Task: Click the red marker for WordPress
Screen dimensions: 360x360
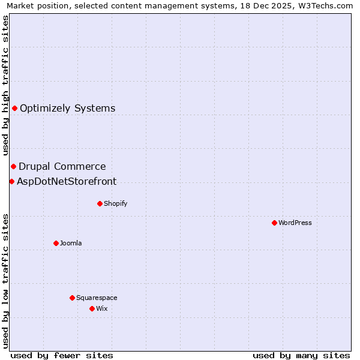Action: pyautogui.click(x=274, y=223)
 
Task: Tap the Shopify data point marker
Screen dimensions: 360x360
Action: pyautogui.click(x=100, y=203)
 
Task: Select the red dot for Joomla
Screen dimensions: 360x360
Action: pyautogui.click(x=56, y=243)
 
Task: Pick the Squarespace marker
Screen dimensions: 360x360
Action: pyautogui.click(x=72, y=298)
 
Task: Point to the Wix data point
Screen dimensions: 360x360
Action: pyautogui.click(x=92, y=308)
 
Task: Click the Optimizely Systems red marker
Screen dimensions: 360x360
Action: pyautogui.click(x=14, y=108)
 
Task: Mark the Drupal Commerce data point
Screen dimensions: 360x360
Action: pyautogui.click(x=13, y=166)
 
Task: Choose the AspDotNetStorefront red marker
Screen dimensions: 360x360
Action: pyautogui.click(x=11, y=181)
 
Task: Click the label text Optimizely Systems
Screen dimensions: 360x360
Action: pyautogui.click(x=67, y=109)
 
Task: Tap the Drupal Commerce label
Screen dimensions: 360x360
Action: pyautogui.click(x=62, y=167)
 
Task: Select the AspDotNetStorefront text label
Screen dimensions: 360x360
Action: pyautogui.click(x=67, y=182)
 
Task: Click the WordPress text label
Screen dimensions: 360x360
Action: pyautogui.click(x=295, y=223)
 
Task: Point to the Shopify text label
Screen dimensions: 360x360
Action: pyautogui.click(x=116, y=204)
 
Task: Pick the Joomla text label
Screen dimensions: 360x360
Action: pyautogui.click(x=71, y=244)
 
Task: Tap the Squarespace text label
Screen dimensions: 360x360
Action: pyautogui.click(x=97, y=298)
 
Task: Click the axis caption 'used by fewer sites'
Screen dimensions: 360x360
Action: pyautogui.click(x=62, y=355)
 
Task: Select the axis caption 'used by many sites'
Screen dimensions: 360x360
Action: pyautogui.click(x=301, y=355)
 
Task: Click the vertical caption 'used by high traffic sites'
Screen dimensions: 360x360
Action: pyautogui.click(x=6, y=86)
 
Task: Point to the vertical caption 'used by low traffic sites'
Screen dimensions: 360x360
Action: pyautogui.click(x=6, y=281)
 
